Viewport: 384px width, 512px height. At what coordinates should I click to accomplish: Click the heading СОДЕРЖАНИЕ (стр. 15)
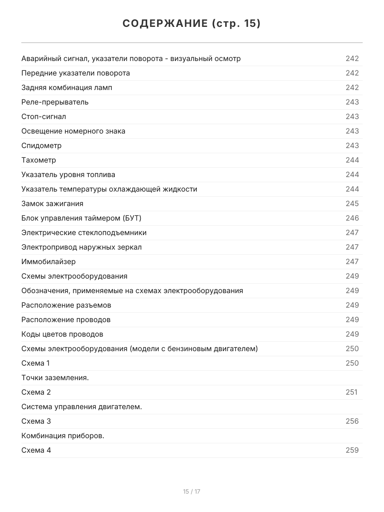(x=192, y=23)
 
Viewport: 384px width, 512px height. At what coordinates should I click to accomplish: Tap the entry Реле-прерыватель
(x=55, y=102)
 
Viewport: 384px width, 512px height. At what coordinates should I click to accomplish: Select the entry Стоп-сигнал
(x=44, y=116)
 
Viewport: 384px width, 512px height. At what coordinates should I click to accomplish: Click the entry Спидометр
(x=41, y=145)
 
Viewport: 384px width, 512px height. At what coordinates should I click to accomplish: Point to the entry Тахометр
(x=38, y=160)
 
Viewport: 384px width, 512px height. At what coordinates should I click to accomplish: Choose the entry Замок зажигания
(x=52, y=204)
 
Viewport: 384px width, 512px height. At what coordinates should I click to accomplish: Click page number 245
(x=352, y=204)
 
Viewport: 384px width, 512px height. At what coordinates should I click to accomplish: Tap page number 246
(x=352, y=218)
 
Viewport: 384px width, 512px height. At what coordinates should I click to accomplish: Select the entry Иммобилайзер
(x=49, y=262)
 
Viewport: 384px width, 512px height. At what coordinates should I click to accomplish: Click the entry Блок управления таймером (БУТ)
(x=81, y=218)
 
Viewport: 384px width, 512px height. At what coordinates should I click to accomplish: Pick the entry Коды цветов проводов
(x=62, y=334)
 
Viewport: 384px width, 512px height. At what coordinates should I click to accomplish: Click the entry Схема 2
(x=36, y=392)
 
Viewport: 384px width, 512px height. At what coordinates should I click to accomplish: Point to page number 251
(x=351, y=392)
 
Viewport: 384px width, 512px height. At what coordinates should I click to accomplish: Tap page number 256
(x=352, y=421)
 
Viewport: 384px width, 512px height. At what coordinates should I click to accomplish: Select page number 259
(x=352, y=450)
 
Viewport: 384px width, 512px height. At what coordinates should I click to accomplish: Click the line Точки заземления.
(x=55, y=378)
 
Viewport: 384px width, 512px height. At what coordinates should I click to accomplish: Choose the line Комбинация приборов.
(x=63, y=436)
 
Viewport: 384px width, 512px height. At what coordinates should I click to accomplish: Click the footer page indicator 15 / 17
(x=192, y=492)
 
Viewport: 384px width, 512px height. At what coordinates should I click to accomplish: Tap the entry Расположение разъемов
(x=66, y=305)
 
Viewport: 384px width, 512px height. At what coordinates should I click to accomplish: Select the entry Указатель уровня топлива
(x=68, y=175)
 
